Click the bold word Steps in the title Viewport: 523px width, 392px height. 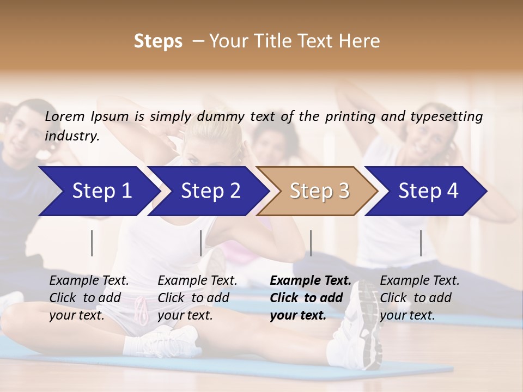click(158, 41)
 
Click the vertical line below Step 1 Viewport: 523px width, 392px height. click(92, 243)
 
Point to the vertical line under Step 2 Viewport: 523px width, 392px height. click(201, 243)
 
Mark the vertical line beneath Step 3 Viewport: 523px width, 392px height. click(311, 243)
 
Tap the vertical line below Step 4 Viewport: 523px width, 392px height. click(421, 243)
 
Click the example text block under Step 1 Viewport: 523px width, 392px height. click(89, 298)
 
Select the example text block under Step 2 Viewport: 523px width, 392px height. click(197, 298)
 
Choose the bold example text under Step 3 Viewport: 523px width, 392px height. click(311, 298)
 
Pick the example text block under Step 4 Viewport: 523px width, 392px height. click(419, 298)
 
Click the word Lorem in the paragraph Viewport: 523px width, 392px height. click(65, 116)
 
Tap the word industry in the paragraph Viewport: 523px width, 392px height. click(72, 136)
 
